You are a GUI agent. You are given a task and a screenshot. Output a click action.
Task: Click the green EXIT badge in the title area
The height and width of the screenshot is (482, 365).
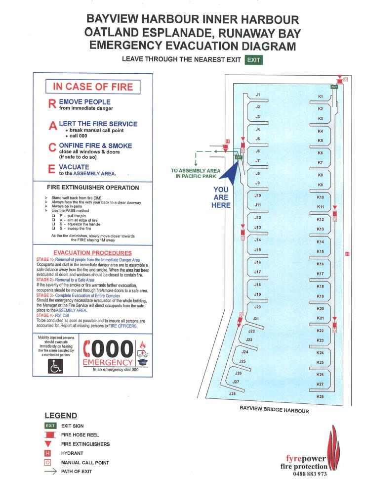[x=254, y=60]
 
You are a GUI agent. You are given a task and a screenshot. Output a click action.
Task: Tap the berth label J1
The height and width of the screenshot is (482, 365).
[x=258, y=95]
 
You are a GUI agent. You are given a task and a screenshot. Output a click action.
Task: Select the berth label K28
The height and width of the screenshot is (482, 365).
[x=320, y=396]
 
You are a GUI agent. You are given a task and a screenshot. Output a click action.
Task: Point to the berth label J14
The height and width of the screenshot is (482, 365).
[x=258, y=240]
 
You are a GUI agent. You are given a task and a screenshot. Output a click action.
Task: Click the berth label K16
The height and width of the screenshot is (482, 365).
[x=320, y=264]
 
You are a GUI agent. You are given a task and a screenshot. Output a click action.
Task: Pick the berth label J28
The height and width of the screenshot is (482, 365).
[x=232, y=393]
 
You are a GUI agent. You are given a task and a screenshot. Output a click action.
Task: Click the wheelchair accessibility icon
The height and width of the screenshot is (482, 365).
[x=55, y=366]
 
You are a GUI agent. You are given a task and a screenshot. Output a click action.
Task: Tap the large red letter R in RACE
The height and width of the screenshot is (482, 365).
[x=52, y=104]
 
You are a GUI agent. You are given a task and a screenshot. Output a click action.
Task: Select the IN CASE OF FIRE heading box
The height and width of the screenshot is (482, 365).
[x=93, y=87]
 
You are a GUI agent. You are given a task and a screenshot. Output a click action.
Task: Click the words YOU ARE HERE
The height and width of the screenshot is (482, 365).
[x=221, y=197]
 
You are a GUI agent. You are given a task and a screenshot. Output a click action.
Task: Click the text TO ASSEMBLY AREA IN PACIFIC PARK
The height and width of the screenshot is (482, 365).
[x=196, y=173]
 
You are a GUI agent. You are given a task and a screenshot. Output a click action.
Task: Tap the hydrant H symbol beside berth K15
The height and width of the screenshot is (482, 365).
[x=347, y=254]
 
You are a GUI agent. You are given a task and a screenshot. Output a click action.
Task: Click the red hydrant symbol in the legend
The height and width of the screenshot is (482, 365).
[x=48, y=453]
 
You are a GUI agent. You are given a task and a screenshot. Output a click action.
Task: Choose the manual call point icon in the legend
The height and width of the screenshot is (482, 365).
[x=48, y=462]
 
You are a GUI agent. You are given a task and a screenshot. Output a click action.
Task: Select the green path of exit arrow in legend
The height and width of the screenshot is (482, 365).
[x=50, y=471]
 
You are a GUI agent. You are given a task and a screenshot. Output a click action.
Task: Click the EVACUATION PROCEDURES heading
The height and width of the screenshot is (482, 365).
[x=93, y=253]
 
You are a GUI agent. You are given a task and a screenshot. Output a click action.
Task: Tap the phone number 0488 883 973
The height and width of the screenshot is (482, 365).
[x=310, y=474]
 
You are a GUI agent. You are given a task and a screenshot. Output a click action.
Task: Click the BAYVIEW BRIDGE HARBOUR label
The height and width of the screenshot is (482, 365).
[x=274, y=409]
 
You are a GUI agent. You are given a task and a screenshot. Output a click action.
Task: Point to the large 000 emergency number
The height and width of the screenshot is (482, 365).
[x=109, y=349]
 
